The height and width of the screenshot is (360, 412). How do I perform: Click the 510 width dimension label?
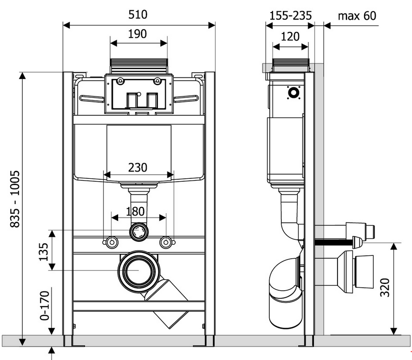[138, 15]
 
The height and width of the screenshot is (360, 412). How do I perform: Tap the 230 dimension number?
[138, 168]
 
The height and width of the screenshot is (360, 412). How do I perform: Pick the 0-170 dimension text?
[44, 305]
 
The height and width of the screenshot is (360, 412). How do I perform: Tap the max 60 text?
[356, 16]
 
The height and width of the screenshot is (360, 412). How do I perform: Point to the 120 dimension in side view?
[290, 36]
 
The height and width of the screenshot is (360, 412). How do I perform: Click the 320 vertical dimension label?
[385, 288]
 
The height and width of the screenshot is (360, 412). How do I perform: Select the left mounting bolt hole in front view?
[111, 241]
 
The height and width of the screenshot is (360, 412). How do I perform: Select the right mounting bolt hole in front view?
[166, 241]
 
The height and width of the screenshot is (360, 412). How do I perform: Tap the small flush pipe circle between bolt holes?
[139, 231]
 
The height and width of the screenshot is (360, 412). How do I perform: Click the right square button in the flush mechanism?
[152, 100]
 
